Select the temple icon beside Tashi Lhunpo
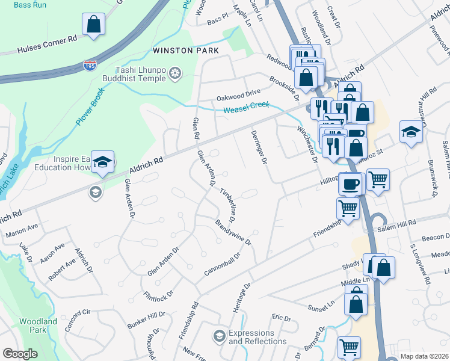pyautogui.click(x=176, y=73)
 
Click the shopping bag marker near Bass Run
pyautogui.click(x=94, y=26)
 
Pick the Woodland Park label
pyautogui.click(x=38, y=326)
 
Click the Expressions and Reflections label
pyautogui.click(x=260, y=338)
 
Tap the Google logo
pyautogui.click(x=20, y=354)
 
